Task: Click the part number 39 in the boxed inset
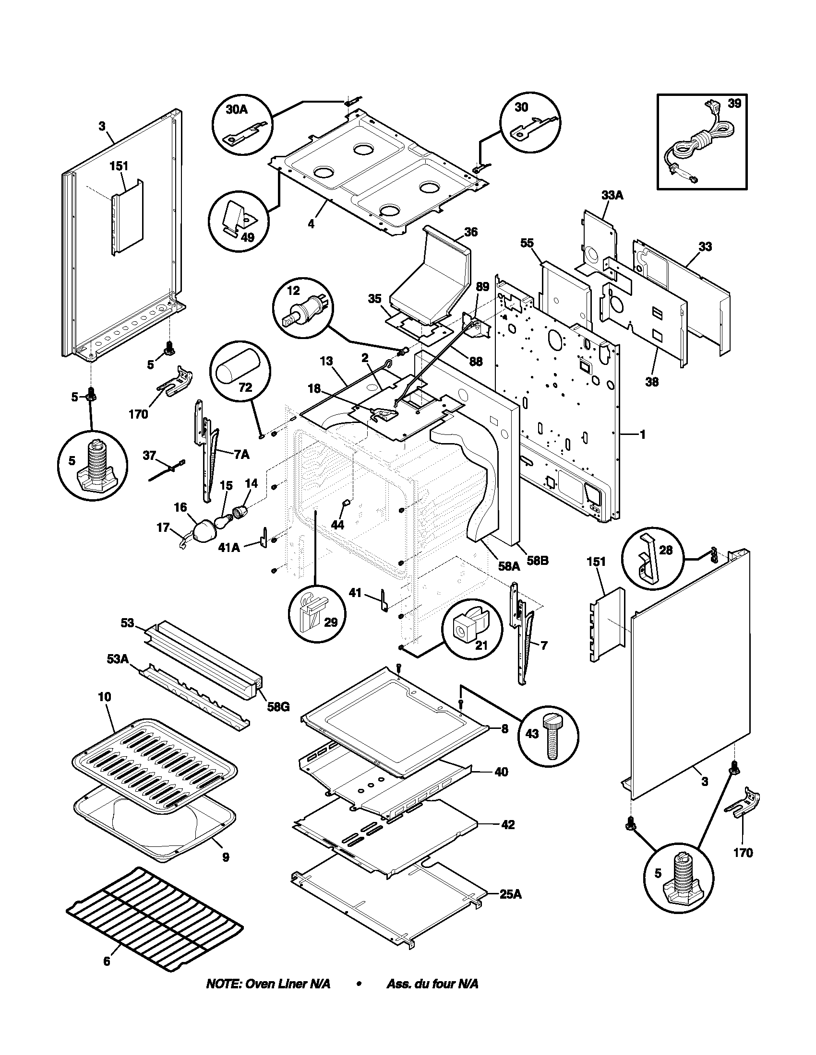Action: point(734,104)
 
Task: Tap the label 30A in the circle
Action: point(236,110)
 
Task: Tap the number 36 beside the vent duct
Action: point(471,232)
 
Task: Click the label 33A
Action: point(612,196)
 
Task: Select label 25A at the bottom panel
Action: point(511,894)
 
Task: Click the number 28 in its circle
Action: point(666,550)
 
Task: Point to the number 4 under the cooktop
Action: point(311,224)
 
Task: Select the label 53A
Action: point(118,658)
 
